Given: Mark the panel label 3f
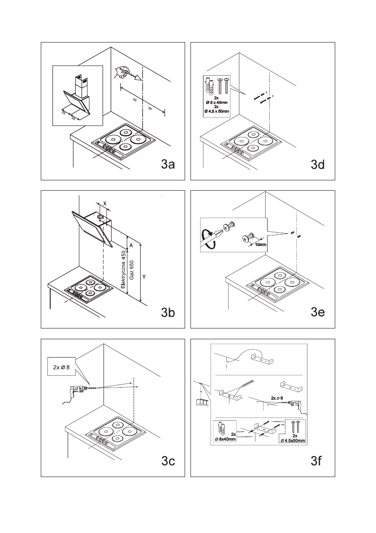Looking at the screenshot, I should pyautogui.click(x=317, y=461).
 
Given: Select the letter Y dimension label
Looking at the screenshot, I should pyautogui.click(x=144, y=277).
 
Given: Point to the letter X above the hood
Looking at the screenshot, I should pyautogui.click(x=104, y=203).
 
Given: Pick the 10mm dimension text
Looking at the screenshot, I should pyautogui.click(x=260, y=245).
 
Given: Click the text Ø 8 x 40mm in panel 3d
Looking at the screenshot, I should pyautogui.click(x=216, y=102).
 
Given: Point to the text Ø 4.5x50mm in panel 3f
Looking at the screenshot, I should pyautogui.click(x=293, y=441).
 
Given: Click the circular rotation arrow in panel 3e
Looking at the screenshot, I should pyautogui.click(x=207, y=239).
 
